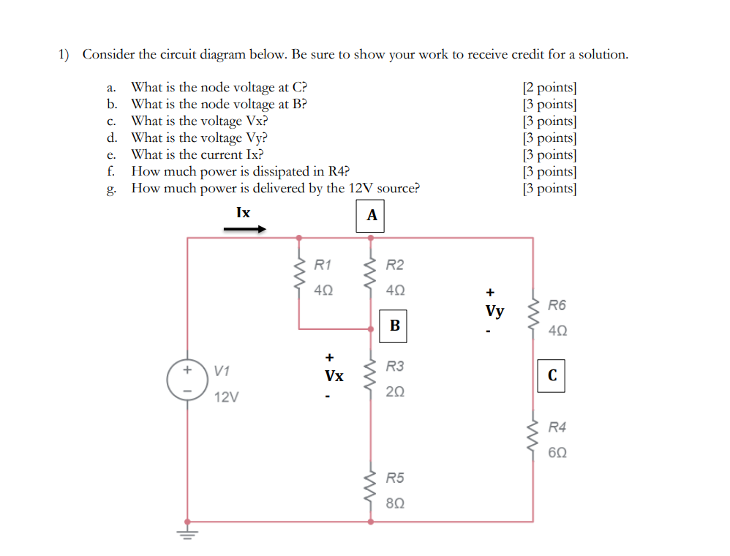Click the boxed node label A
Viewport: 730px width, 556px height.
372,216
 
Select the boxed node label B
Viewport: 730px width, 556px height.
394,325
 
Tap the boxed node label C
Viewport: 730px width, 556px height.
552,375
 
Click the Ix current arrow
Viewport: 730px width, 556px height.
244,228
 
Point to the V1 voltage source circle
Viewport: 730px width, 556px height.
188,380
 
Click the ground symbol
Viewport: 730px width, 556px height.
188,532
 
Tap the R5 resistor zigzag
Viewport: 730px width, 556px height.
372,489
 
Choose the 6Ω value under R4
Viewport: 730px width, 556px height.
557,453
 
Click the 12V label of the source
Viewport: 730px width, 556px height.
226,398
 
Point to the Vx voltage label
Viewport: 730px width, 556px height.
334,376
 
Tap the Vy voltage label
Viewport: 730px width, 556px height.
494,312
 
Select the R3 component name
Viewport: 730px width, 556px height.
395,366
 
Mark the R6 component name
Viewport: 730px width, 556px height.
557,304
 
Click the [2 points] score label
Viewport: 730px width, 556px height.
549,88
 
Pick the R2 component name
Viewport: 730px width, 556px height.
395,265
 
